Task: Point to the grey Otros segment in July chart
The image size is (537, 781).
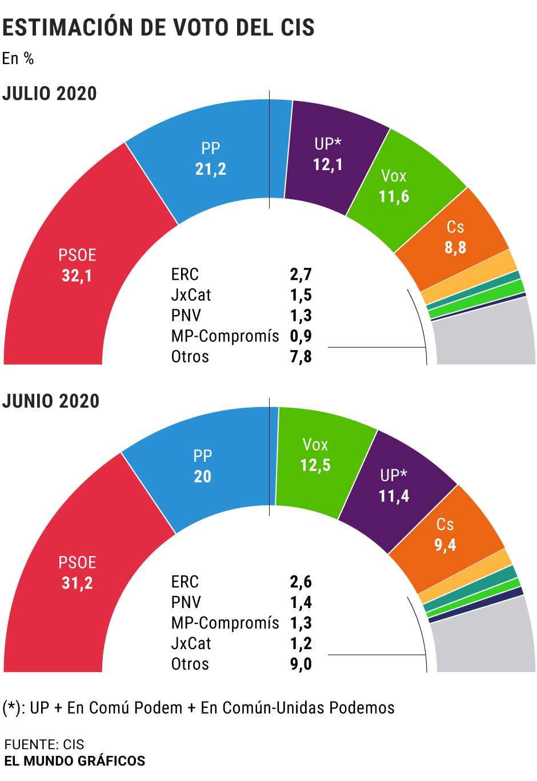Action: [x=486, y=337]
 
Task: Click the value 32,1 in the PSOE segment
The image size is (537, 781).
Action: [x=77, y=276]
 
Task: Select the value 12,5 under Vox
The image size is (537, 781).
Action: [x=315, y=465]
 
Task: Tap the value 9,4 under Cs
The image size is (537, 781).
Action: [x=445, y=545]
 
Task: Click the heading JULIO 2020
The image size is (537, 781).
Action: [x=50, y=94]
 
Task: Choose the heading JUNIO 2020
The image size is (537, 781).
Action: [x=51, y=401]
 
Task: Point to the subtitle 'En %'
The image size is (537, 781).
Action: [x=18, y=58]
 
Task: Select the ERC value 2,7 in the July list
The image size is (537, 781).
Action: [x=300, y=275]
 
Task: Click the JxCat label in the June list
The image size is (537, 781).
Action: [x=191, y=643]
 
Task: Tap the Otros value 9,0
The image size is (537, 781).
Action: [x=300, y=664]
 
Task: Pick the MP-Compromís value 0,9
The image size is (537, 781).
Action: [x=300, y=336]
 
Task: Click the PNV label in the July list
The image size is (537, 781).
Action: [x=186, y=316]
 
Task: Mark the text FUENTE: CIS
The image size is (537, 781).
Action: [x=44, y=744]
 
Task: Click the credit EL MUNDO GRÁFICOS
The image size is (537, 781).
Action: [x=75, y=761]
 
